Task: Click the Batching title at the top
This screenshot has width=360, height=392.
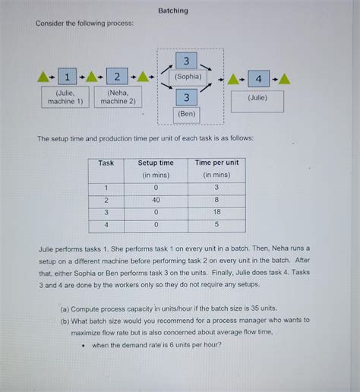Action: coord(173,11)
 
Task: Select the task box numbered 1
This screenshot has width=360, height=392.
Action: coord(68,77)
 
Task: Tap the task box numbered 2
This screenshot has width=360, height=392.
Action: coord(117,77)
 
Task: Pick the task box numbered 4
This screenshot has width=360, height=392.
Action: coord(258,78)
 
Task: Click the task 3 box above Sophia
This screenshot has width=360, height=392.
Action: coord(187,60)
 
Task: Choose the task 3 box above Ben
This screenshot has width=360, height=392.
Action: coord(187,96)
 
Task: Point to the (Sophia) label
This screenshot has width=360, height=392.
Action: coord(188,76)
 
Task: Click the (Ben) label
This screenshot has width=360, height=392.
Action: coord(187,113)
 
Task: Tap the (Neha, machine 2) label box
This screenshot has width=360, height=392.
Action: coord(118,96)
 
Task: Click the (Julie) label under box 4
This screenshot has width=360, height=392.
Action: coord(257,97)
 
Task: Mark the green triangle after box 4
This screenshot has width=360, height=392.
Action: coord(283,78)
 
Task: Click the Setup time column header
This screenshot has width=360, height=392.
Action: coord(156,163)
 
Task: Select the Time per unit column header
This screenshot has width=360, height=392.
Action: coord(216,163)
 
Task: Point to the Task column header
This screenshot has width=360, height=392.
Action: coord(106,163)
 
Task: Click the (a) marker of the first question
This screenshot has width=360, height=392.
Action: coord(65,308)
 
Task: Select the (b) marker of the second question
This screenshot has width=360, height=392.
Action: coord(65,321)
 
